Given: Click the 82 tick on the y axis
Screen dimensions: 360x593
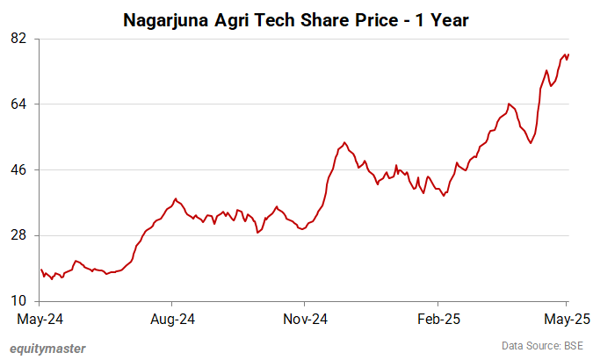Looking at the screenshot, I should tap(18, 39).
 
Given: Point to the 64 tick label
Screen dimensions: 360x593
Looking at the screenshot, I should tap(18, 104).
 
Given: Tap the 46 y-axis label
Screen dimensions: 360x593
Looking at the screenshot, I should tap(18, 169).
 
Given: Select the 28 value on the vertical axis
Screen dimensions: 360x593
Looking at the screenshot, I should tap(18, 235).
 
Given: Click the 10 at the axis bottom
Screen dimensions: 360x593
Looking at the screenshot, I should tap(18, 300).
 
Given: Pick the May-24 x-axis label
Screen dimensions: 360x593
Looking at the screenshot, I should tap(40, 318).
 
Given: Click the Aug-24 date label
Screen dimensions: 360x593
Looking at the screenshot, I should tap(172, 318).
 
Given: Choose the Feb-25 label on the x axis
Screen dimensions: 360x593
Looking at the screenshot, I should tap(437, 318).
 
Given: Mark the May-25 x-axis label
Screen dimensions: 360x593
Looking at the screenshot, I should tap(567, 318).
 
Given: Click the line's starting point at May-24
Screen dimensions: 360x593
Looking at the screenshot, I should tap(40, 270).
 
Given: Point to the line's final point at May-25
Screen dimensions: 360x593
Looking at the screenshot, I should tap(568, 55).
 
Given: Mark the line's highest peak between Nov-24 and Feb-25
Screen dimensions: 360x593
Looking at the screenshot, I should tap(344, 142).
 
